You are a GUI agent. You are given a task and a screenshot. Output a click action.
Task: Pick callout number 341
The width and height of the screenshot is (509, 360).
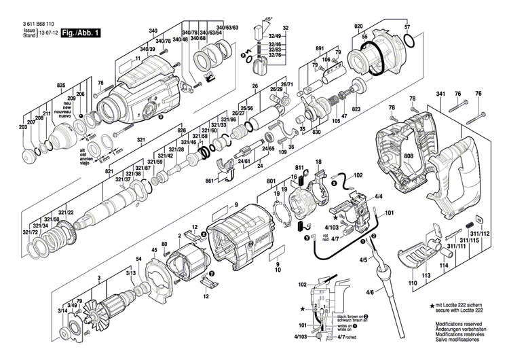pyautogui.click(x=440, y=92)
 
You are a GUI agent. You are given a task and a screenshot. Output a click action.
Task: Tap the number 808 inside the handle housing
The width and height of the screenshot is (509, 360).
pyautogui.click(x=408, y=156)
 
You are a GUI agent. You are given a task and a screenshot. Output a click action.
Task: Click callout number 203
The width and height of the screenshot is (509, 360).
pyautogui.click(x=22, y=128)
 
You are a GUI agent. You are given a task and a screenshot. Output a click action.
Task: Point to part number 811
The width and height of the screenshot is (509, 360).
pyautogui.click(x=299, y=167)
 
